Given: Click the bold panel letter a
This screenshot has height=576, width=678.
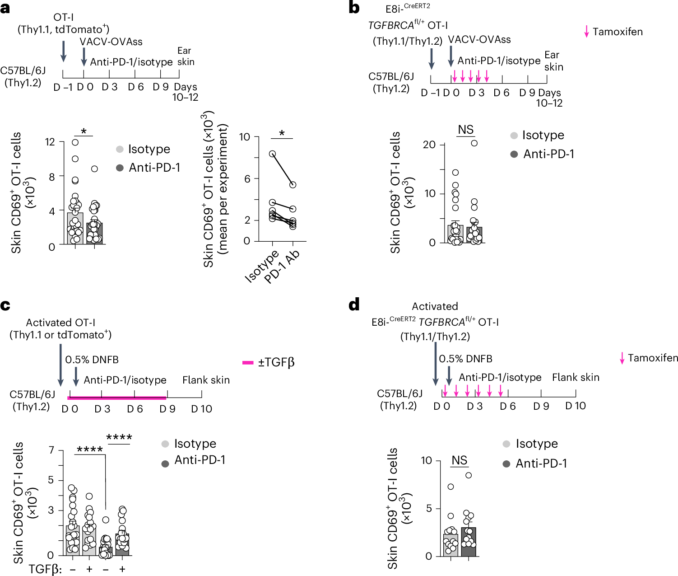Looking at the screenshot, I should tap(5, 8).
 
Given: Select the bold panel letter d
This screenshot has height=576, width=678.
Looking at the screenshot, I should tap(354, 305).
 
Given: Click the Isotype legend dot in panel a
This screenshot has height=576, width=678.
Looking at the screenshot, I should tap(120, 149).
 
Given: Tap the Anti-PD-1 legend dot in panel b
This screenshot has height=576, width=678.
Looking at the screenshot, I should tap(514, 154).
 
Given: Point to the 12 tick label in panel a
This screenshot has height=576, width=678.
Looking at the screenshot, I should tap(50, 142).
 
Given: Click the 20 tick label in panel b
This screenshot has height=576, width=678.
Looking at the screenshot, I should tap(429, 145).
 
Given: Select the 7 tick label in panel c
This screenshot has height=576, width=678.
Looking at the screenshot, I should tap(51, 450).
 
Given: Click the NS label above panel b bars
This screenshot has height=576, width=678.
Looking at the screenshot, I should tap(465, 130).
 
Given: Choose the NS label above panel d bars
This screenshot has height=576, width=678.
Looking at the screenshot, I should tap(459, 460).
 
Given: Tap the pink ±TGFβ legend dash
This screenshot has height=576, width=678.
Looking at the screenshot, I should tap(248, 362).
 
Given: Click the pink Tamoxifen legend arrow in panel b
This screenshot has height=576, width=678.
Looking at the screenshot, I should tap(586, 32).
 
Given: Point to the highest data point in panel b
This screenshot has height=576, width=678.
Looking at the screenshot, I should tap(474, 143).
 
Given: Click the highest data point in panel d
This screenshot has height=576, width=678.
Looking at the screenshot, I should tap(469, 475).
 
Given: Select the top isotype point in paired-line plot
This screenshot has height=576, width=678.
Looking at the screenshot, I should tap(272, 154).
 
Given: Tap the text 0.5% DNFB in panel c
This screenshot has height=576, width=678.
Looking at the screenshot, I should tap(92, 360).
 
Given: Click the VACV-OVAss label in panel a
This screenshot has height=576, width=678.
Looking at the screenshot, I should tap(111, 42).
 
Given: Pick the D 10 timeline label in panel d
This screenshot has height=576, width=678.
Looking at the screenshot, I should tap(576, 406).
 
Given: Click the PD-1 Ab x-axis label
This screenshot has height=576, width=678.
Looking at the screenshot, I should tap(283, 267).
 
